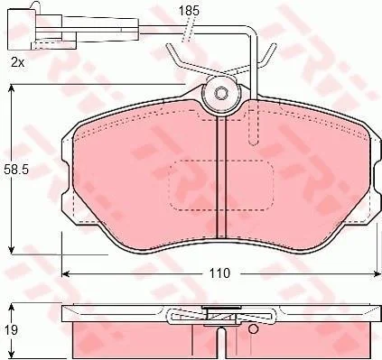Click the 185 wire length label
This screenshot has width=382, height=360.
[189, 11]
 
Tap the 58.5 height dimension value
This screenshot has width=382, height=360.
[16, 170]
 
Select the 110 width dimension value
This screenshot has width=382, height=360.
[219, 273]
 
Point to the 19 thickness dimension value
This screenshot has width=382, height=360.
[12, 330]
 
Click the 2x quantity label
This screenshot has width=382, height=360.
[17, 62]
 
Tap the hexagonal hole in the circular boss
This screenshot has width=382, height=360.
[221, 94]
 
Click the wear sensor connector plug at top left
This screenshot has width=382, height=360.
[42, 29]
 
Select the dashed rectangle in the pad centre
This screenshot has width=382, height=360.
[221, 185]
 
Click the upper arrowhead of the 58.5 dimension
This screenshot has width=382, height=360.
[12, 88]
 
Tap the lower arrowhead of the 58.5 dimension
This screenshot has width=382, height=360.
[12, 250]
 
